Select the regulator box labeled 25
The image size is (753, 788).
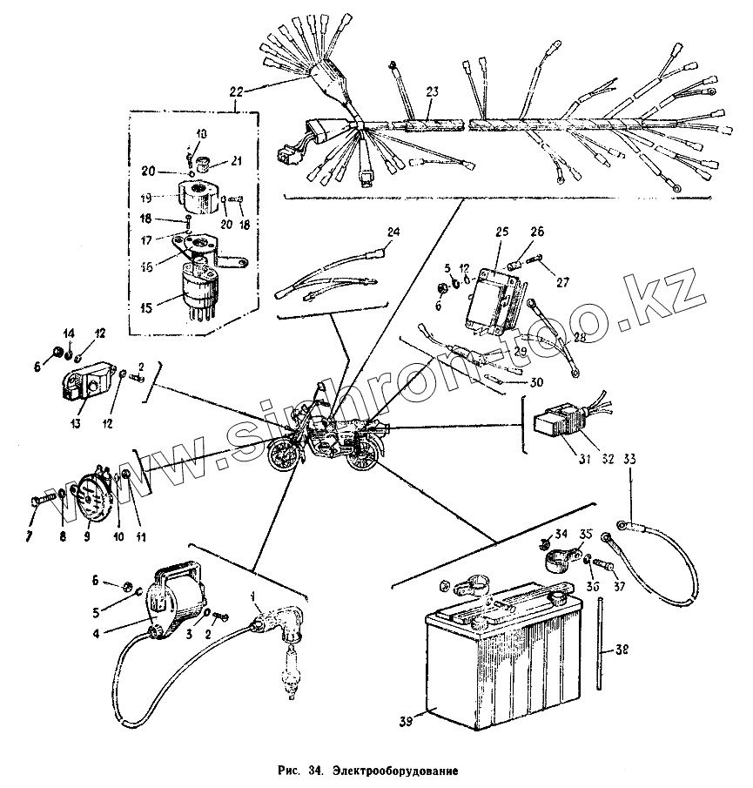click(x=493, y=300)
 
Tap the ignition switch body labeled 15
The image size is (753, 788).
click(x=199, y=290)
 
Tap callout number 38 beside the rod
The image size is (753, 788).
click(x=618, y=649)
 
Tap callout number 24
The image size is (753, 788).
click(x=393, y=232)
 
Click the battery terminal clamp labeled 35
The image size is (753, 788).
click(x=556, y=557)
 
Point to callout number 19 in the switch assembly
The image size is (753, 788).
click(x=146, y=197)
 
